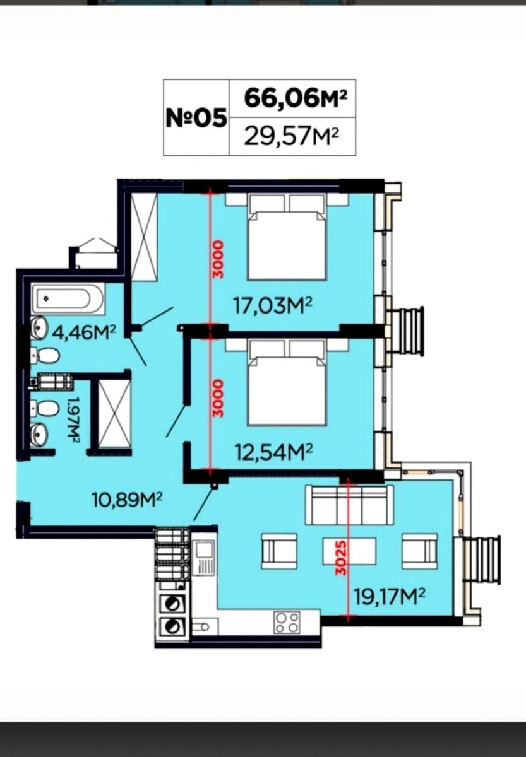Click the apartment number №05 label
pos(196,117)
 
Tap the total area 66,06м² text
pos(296,98)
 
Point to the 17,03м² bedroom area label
pos(273,306)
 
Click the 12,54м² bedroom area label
pos(274,452)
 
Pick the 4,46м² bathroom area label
pos(84,333)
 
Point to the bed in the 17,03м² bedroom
pos(287,237)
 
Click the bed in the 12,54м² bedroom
pos(287,383)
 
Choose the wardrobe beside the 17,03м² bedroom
pos(144,237)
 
